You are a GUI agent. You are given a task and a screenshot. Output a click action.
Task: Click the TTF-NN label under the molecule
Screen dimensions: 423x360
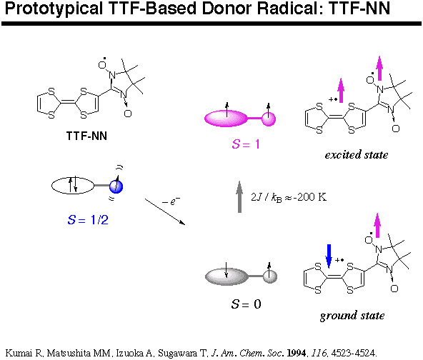[86, 136]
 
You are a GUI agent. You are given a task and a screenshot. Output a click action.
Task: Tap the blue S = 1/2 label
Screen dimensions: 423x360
[88, 220]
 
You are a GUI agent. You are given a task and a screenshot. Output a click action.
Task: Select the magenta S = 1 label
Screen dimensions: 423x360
[246, 144]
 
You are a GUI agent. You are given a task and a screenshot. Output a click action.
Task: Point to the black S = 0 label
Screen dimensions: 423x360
[247, 304]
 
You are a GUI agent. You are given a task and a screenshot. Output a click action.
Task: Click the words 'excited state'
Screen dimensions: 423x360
[357, 155]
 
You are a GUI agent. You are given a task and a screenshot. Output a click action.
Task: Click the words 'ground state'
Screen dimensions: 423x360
[352, 316]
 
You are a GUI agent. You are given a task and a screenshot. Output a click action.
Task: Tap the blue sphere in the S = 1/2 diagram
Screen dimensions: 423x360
[116, 186]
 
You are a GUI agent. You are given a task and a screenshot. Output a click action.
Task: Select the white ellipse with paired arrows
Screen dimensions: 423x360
[73, 186]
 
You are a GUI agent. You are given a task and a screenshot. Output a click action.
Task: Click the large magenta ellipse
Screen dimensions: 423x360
[226, 119]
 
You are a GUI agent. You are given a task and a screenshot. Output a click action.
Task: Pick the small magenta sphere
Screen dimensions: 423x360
[269, 119]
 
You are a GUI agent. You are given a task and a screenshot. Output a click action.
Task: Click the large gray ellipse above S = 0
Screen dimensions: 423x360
[227, 276]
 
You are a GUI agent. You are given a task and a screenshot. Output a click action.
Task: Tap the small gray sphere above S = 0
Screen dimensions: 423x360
[270, 276]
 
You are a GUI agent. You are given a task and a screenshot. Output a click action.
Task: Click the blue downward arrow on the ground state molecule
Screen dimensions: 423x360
[329, 256]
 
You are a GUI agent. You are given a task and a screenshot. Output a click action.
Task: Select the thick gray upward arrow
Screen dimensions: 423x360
[239, 197]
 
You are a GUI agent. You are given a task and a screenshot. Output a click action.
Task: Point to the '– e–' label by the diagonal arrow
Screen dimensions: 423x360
[171, 201]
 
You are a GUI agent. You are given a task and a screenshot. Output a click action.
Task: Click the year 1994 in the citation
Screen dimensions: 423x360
[297, 353]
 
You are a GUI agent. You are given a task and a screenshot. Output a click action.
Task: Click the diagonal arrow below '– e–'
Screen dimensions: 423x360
[165, 211]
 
